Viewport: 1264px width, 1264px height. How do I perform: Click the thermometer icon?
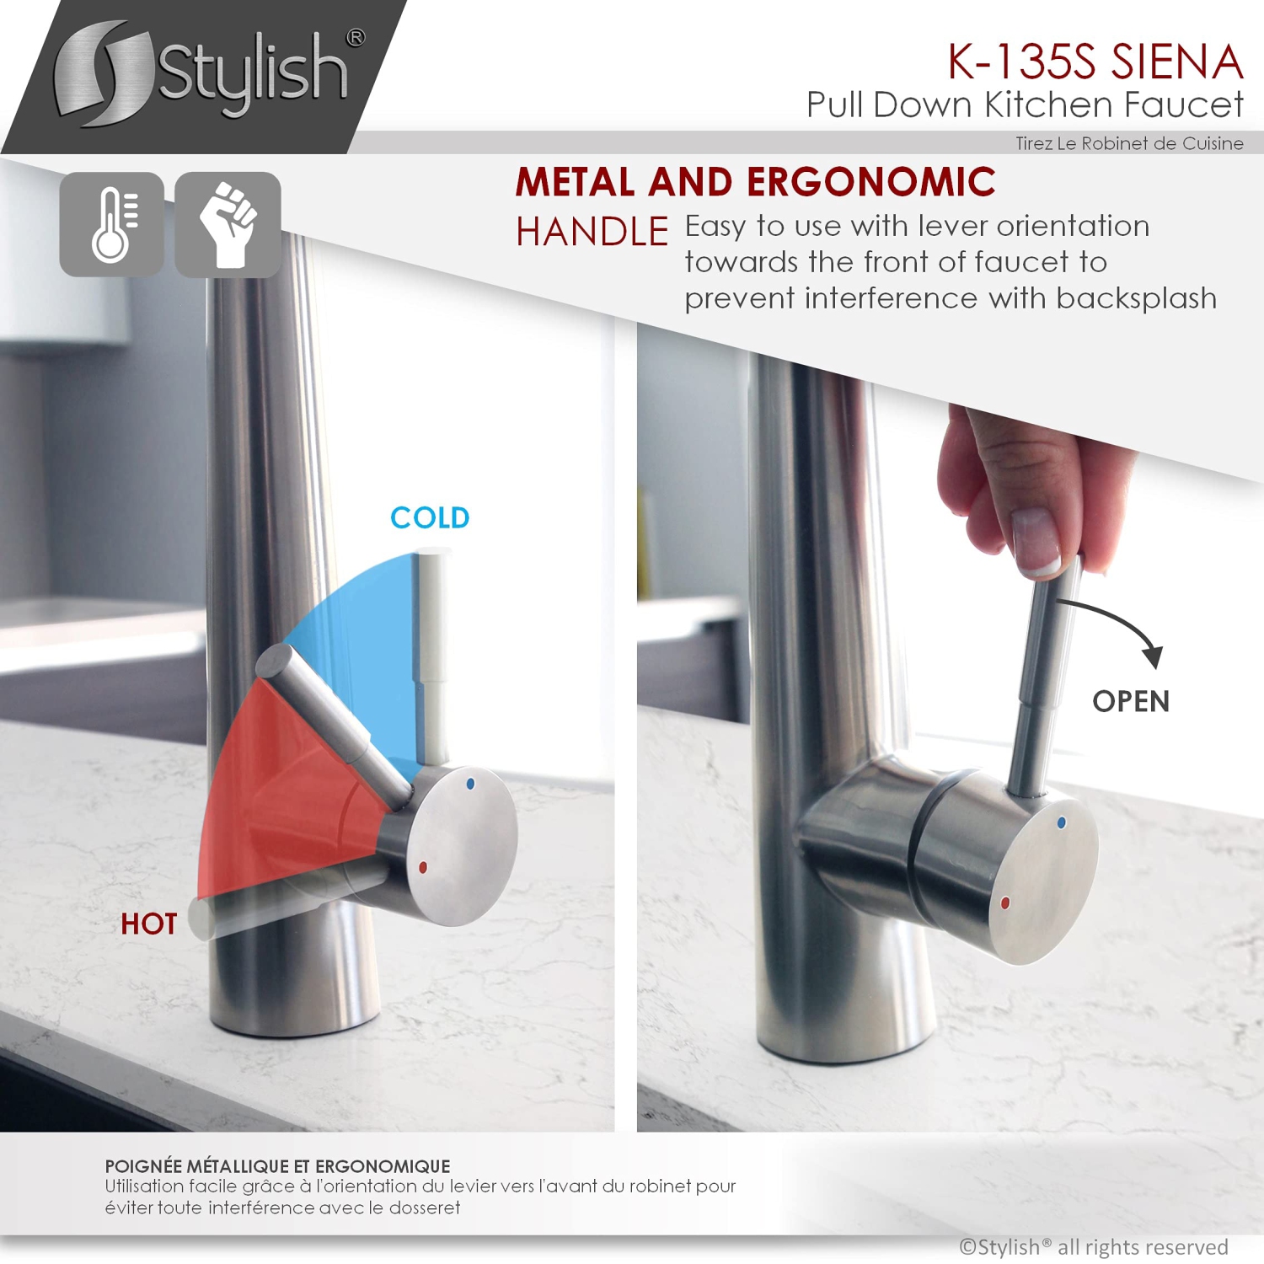pyautogui.click(x=112, y=224)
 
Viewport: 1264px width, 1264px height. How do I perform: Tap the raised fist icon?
pyautogui.click(x=228, y=224)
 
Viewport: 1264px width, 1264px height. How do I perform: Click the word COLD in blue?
pyautogui.click(x=430, y=517)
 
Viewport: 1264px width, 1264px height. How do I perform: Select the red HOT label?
pyautogui.click(x=149, y=924)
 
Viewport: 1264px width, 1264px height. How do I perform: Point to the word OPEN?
pyautogui.click(x=1131, y=701)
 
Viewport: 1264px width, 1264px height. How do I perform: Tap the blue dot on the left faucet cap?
pyautogui.click(x=470, y=784)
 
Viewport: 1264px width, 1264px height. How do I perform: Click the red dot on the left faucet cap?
pyautogui.click(x=422, y=867)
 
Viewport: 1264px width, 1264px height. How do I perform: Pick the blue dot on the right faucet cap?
pyautogui.click(x=1061, y=822)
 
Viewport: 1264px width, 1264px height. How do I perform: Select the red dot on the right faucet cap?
pyautogui.click(x=1004, y=902)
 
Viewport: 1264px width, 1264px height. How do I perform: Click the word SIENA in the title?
pyautogui.click(x=1177, y=62)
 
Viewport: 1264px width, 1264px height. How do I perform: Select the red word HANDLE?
pyautogui.click(x=592, y=232)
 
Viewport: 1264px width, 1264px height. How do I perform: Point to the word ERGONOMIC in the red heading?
pyautogui.click(x=870, y=182)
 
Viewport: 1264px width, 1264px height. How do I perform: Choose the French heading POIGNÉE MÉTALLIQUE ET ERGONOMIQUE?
pyautogui.click(x=277, y=1166)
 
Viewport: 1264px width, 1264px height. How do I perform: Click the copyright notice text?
pyautogui.click(x=1093, y=1247)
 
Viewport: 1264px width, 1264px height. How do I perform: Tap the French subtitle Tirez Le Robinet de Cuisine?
pyautogui.click(x=1129, y=143)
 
